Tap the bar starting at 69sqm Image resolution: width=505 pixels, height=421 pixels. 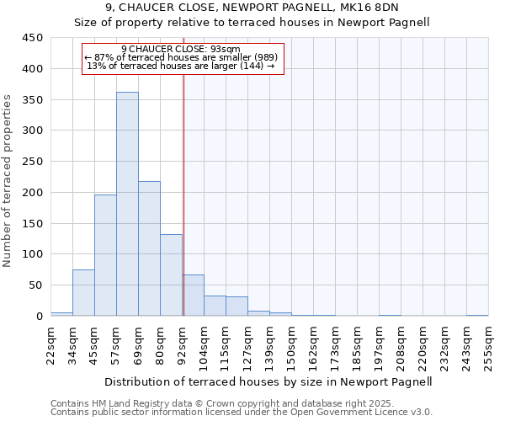[149, 248]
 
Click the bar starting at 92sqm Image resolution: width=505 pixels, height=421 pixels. [193, 296]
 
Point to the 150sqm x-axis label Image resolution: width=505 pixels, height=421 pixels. [291, 344]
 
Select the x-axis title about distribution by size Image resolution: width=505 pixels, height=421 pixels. [269, 381]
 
